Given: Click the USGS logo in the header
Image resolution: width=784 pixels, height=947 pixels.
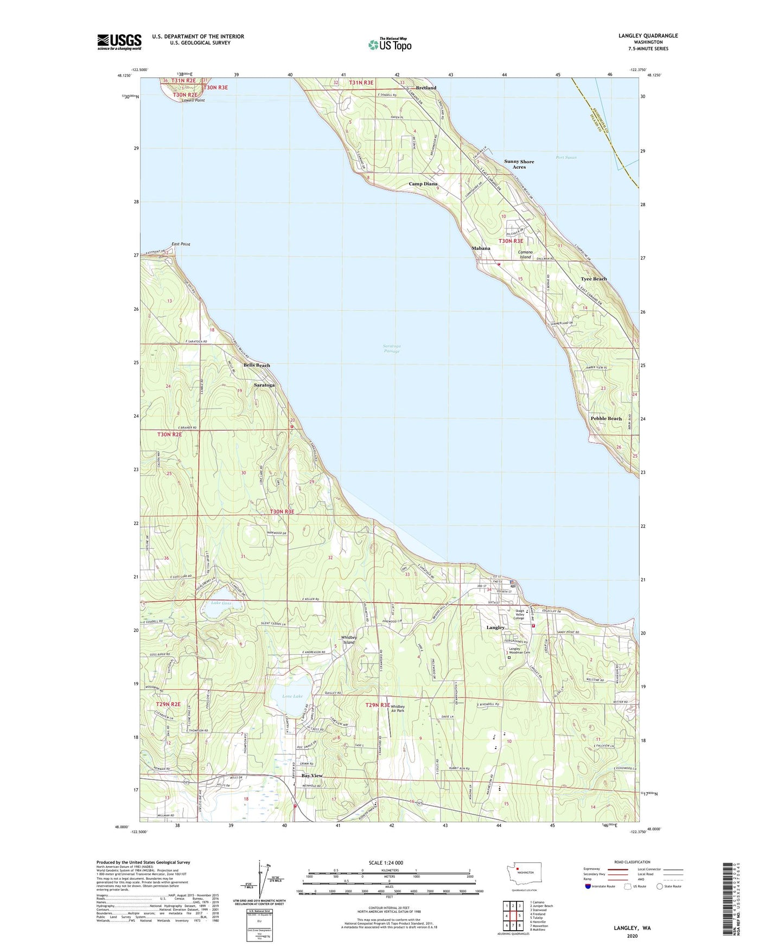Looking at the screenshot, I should [119, 42].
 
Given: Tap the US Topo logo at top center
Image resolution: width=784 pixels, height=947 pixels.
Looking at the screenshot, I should [390, 44].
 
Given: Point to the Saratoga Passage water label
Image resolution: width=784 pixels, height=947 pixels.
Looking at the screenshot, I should [392, 348].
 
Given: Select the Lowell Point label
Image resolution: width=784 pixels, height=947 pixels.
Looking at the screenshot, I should [193, 100].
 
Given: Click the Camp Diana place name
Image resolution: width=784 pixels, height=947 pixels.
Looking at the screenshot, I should [423, 184].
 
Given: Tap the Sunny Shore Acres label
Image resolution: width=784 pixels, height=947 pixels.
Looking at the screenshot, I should [519, 164].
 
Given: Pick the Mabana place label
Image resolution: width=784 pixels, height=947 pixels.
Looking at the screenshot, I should [481, 248].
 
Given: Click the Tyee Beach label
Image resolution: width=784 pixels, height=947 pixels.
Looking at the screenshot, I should [594, 279].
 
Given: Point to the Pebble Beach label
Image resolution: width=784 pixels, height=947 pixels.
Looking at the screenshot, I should [606, 419].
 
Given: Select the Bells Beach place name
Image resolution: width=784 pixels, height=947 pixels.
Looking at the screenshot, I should [257, 365].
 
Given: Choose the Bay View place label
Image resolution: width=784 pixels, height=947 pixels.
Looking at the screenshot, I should [312, 776].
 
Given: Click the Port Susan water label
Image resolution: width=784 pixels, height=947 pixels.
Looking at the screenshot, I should [566, 157].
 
